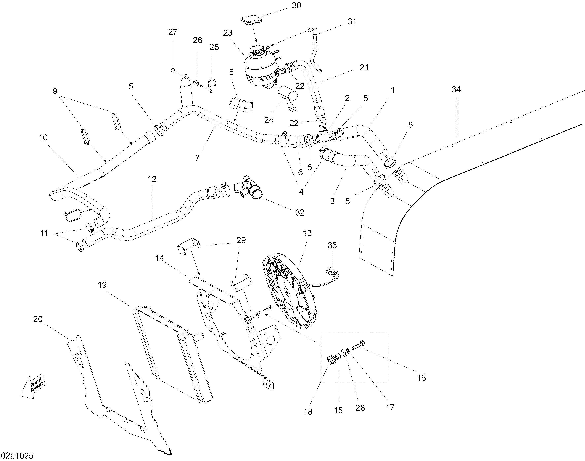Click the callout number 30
coord(296,6)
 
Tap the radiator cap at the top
coord(251,20)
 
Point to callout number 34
coord(456,89)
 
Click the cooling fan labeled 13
coord(287,292)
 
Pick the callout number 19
coord(102,285)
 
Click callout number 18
coord(308,412)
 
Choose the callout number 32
coord(300,213)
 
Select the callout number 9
coord(55,91)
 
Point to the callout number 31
coord(352,21)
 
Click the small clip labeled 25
coord(211,85)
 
